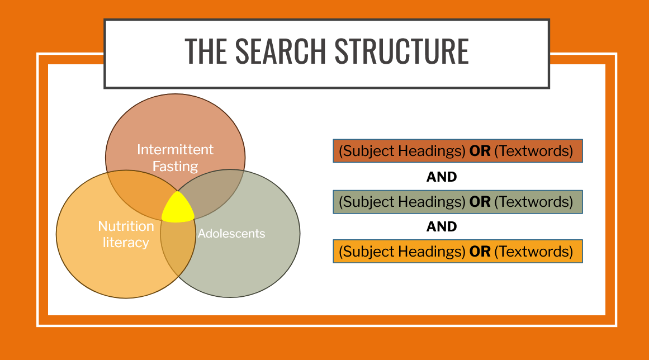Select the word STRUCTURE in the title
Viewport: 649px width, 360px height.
402,51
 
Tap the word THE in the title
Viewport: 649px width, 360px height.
205,51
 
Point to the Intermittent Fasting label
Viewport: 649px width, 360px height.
176,158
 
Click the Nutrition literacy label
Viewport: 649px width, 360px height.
126,234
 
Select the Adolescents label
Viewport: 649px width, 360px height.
231,233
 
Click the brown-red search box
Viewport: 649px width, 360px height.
457,151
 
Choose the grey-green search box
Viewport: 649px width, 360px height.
457,201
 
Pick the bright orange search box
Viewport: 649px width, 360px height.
457,251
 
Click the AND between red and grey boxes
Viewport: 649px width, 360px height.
442,177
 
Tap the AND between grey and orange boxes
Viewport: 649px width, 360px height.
442,226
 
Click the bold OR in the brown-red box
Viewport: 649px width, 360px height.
480,151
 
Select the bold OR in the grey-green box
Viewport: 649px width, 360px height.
480,201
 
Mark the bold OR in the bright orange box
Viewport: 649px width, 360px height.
480,251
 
